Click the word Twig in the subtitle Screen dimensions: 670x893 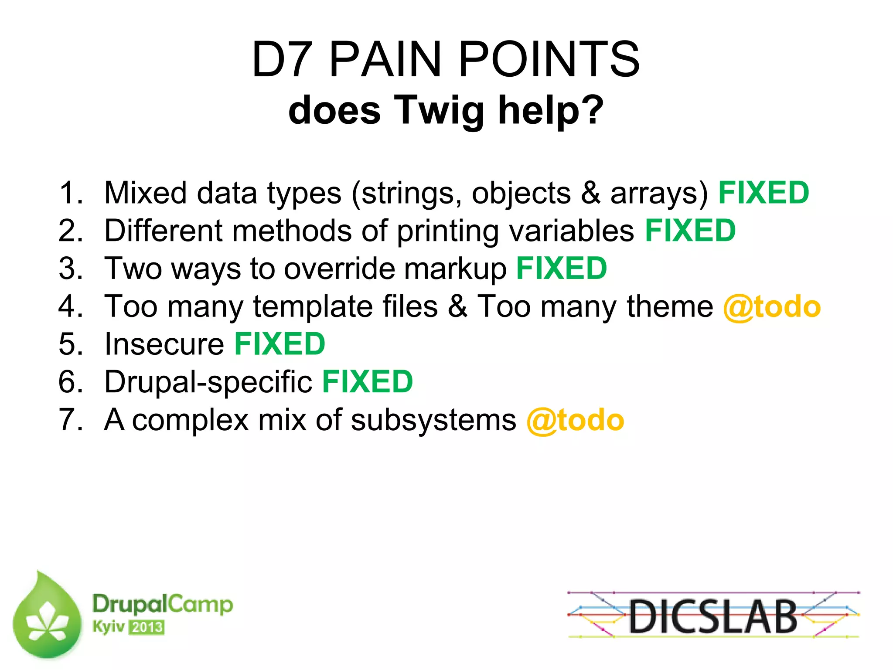click(439, 111)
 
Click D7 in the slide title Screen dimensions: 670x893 click(282, 60)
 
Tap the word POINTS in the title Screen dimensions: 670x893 click(549, 60)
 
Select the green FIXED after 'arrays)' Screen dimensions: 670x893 click(763, 193)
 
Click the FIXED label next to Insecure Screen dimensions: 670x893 click(279, 344)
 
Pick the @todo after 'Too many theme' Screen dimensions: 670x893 click(772, 307)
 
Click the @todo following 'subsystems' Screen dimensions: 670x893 click(575, 421)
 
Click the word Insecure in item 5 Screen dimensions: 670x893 click(164, 344)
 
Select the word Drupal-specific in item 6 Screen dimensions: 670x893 click(208, 382)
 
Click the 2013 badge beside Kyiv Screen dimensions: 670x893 click(147, 628)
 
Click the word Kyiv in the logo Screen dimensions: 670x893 click(108, 627)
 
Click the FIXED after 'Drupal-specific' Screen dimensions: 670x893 click(367, 382)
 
